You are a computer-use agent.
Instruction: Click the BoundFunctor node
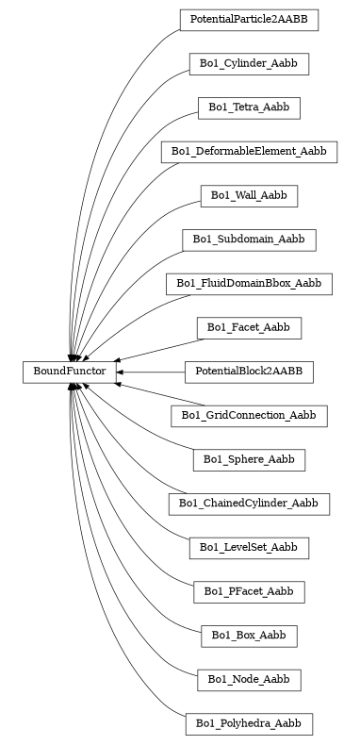(x=70, y=372)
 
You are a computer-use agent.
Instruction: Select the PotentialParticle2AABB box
(x=249, y=20)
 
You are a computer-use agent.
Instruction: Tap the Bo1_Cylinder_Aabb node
(x=249, y=64)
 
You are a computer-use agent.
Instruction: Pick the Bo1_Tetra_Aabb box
(x=249, y=108)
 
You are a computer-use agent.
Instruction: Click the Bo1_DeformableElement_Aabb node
(x=249, y=152)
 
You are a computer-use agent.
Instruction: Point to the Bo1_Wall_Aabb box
(x=249, y=195)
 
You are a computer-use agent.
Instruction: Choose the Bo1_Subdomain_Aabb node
(x=249, y=240)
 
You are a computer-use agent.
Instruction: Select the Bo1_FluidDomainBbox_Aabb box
(x=249, y=283)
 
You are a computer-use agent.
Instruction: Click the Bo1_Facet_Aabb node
(x=249, y=327)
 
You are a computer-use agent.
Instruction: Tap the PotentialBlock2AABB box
(x=249, y=372)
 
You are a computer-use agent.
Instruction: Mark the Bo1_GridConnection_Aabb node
(x=249, y=416)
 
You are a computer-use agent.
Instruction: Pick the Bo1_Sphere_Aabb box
(x=249, y=460)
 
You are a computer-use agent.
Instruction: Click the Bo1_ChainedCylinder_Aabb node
(x=249, y=504)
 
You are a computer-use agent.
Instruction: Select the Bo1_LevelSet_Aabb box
(x=249, y=548)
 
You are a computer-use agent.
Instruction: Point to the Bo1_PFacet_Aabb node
(x=249, y=591)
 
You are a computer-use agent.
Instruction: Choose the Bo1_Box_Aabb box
(x=249, y=636)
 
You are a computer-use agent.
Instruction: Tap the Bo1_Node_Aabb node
(x=249, y=679)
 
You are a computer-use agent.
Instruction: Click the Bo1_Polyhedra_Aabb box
(x=249, y=723)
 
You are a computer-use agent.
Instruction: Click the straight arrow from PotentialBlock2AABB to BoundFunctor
(x=151, y=372)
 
